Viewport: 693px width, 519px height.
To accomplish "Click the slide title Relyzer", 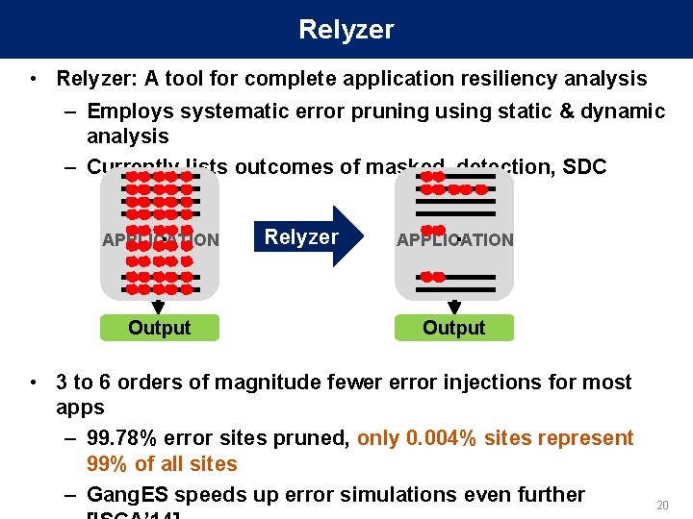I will click(x=346, y=30).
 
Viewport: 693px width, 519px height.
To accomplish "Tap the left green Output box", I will click(x=160, y=328).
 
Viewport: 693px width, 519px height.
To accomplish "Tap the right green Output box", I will click(x=454, y=328).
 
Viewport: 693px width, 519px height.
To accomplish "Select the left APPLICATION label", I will click(x=161, y=240).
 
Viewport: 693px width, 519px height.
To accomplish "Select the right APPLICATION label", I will click(x=455, y=240).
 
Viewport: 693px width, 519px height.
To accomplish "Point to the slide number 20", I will click(x=661, y=506).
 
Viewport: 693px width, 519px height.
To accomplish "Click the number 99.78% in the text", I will click(x=122, y=438).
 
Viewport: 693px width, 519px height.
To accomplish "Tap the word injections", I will click(x=474, y=383).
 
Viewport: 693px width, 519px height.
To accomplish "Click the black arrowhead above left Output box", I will click(x=160, y=307).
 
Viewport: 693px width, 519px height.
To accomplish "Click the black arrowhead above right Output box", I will click(x=454, y=307).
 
